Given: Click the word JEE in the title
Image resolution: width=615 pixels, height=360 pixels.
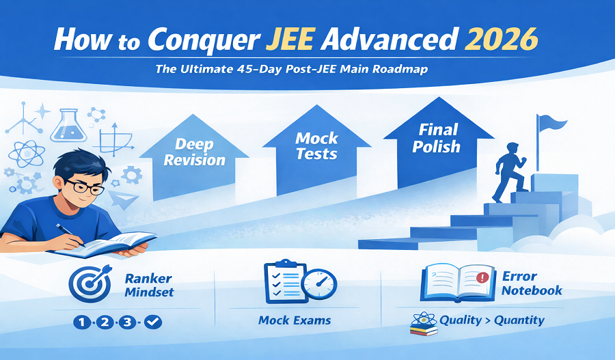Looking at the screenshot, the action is (290, 39).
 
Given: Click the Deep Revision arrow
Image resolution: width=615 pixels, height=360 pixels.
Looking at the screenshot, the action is (194, 157).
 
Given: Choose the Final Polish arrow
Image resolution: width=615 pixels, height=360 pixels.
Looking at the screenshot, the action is (439, 142).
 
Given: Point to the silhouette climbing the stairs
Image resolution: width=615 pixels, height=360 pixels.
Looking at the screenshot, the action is (509, 173).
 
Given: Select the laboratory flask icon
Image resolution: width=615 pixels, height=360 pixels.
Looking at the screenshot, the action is (68, 126).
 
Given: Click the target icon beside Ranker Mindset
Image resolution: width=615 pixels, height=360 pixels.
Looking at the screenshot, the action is (90, 283).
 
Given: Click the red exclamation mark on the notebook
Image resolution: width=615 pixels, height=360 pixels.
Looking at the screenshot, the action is (482, 278).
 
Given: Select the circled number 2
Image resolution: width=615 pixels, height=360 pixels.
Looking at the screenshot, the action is (105, 322).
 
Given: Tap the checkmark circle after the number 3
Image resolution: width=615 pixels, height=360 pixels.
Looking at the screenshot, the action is (153, 322).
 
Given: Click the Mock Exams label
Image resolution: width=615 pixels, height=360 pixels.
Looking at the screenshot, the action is (295, 320).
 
